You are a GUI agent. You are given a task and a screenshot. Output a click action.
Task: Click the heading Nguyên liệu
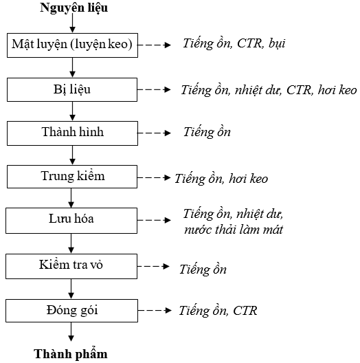coord(74,8)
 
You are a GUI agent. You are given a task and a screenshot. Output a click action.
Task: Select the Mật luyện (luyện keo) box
coord(72,45)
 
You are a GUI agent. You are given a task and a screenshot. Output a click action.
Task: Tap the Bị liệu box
coord(72,89)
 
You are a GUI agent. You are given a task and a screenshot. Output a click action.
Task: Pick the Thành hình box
coord(72,133)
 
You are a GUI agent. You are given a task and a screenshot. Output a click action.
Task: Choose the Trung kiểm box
coord(72,177)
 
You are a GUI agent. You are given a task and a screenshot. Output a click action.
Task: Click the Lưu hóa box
coord(71,221)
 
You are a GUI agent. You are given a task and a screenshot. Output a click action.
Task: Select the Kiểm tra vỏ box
coord(71,266)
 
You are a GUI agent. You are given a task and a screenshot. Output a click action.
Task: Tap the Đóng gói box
coord(71,311)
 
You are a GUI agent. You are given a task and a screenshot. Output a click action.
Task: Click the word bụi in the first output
coord(277,43)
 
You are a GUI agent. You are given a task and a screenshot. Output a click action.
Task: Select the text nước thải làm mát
coord(234,230)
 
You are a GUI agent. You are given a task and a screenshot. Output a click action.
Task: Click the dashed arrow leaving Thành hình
coord(155,133)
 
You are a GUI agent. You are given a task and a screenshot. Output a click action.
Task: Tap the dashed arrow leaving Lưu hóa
coord(155,220)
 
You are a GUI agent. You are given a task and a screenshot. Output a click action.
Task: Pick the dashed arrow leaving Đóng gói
coord(155,311)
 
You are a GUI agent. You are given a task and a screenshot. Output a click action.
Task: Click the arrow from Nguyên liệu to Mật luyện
coord(72,23)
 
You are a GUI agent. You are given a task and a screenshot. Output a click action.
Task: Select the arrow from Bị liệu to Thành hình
coord(72,111)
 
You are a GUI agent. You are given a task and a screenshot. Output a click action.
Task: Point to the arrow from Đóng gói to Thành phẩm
coord(71,332)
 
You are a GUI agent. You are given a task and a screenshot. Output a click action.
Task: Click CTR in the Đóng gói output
coord(245,311)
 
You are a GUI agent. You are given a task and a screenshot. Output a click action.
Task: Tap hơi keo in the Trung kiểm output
coord(248,179)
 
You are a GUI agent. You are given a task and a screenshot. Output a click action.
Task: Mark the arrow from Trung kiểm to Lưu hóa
coord(71,198)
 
